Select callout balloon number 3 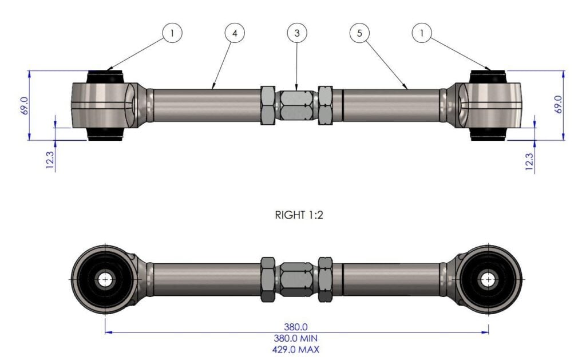click(296, 33)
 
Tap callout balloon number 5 click(359, 33)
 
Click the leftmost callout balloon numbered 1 click(172, 33)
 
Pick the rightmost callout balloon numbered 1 click(422, 33)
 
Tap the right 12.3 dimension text click(529, 160)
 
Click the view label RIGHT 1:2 click(296, 216)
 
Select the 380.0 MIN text click(296, 338)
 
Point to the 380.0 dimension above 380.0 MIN click(296, 327)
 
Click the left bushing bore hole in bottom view click(106, 280)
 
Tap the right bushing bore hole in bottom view click(488, 280)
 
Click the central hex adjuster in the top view click(296, 105)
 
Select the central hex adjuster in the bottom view click(296, 280)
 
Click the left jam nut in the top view click(268, 105)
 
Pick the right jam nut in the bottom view click(325, 280)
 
